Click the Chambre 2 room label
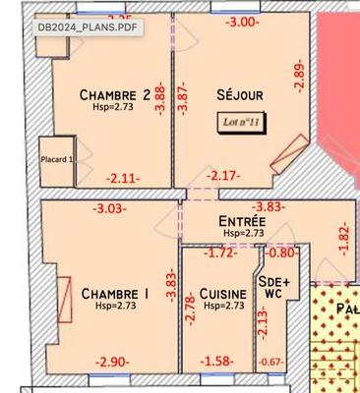pyautogui.click(x=114, y=94)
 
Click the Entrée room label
pyautogui.click(x=242, y=222)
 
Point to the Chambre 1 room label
pyautogui.click(x=116, y=293)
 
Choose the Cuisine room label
pyautogui.click(x=221, y=293)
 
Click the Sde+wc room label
pyautogui.click(x=272, y=285)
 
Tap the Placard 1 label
pyautogui.click(x=57, y=159)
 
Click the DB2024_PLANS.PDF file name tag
pyautogui.click(x=83, y=27)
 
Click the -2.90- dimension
pyautogui.click(x=111, y=363)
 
